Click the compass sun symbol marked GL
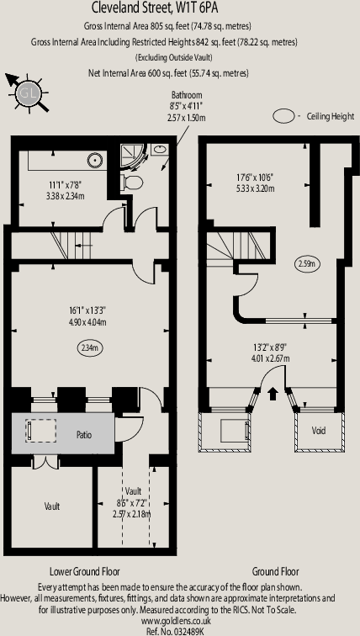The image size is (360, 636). (x=29, y=93)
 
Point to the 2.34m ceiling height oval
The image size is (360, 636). (x=90, y=347)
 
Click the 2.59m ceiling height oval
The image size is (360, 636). (x=307, y=264)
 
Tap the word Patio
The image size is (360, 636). (x=84, y=435)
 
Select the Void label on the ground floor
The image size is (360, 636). (x=319, y=431)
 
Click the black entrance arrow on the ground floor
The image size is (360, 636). (x=273, y=393)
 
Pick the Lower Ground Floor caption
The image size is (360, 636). (x=85, y=571)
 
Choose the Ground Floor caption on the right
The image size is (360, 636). (x=275, y=571)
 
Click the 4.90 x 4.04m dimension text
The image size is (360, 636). (x=87, y=322)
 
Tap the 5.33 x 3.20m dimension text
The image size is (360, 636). (x=256, y=188)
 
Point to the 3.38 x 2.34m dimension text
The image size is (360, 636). (x=66, y=196)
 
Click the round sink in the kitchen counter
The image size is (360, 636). (x=93, y=160)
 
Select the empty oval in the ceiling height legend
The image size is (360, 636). (x=283, y=116)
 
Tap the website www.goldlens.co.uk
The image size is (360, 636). (x=176, y=621)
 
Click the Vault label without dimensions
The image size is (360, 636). (x=52, y=506)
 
